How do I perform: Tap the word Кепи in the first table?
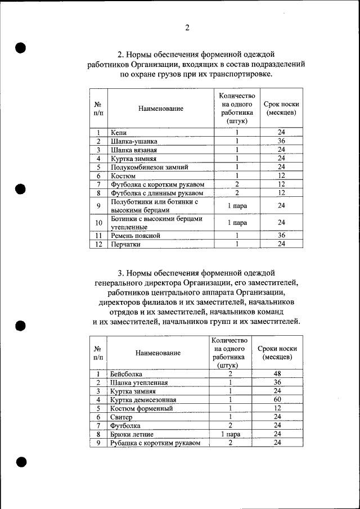pos(119,133)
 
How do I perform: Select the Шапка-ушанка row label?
pos(134,141)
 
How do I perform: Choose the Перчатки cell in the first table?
pos(125,245)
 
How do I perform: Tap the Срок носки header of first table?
pos(281,108)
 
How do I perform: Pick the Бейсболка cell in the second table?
pos(126,374)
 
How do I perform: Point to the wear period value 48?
pos(277,374)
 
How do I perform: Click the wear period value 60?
pos(277,400)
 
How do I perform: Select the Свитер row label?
pos(121,417)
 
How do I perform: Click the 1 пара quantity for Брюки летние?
pos(231,435)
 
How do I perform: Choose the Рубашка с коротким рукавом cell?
pos(155,443)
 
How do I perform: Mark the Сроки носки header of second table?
pos(277,353)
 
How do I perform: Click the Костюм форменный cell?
pos(141,408)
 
